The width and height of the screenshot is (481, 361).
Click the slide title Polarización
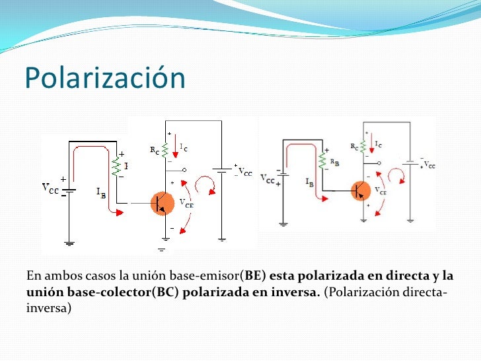pyautogui.click(x=105, y=79)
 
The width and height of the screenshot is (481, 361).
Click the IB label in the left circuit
pyautogui.click(x=101, y=192)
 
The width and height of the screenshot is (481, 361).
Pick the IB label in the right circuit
pyautogui.click(x=309, y=180)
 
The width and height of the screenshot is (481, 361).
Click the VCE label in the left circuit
pyautogui.click(x=188, y=204)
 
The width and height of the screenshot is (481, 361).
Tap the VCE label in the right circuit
pyautogui.click(x=381, y=191)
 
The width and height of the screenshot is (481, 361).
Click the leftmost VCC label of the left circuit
pyautogui.click(x=52, y=188)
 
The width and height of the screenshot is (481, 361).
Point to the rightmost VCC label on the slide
pyautogui.click(x=429, y=164)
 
